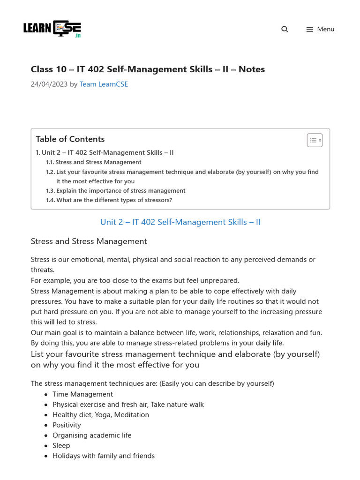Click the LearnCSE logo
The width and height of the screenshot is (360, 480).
tap(52, 29)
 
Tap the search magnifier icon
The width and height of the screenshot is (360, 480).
tap(285, 29)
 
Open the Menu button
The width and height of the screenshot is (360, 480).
tap(320, 29)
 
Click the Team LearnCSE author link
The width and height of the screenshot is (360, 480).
tap(104, 84)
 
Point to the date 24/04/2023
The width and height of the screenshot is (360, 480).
tap(49, 84)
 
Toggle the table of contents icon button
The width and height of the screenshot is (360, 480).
tap(315, 140)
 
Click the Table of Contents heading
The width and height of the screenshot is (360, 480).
tap(70, 139)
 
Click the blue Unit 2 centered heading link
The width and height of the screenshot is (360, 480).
tap(180, 222)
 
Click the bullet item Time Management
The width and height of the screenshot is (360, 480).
tap(82, 394)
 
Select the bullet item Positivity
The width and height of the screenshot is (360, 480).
tap(67, 425)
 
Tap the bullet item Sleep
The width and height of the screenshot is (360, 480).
tap(61, 445)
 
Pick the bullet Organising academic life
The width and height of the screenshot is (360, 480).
tap(92, 435)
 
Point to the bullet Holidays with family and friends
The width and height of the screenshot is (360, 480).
tap(104, 456)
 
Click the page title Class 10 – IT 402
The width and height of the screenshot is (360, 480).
tap(148, 69)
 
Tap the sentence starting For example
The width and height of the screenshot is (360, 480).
tap(135, 280)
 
